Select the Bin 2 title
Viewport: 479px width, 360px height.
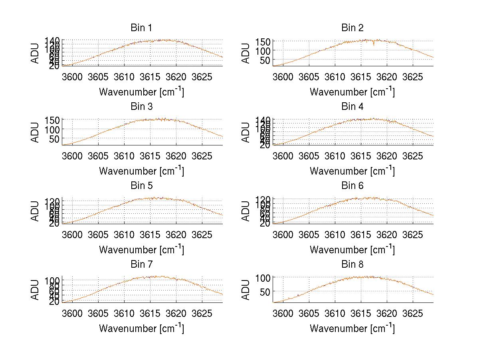[x=352, y=28]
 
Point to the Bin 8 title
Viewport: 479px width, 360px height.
[x=352, y=264]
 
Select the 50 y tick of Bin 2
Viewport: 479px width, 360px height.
[x=266, y=60]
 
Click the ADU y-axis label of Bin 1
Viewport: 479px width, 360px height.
[x=36, y=53]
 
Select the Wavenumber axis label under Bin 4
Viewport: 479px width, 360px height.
[x=352, y=171]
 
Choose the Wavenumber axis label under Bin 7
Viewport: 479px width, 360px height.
[x=141, y=328]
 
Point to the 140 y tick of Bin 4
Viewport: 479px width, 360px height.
[x=263, y=120]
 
